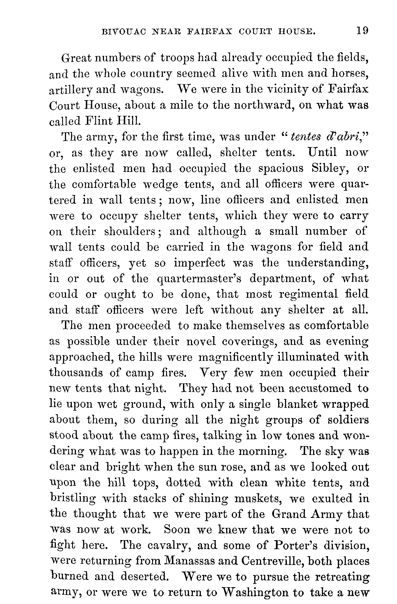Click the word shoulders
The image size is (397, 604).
coord(132,232)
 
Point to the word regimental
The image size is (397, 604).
coord(308,294)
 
